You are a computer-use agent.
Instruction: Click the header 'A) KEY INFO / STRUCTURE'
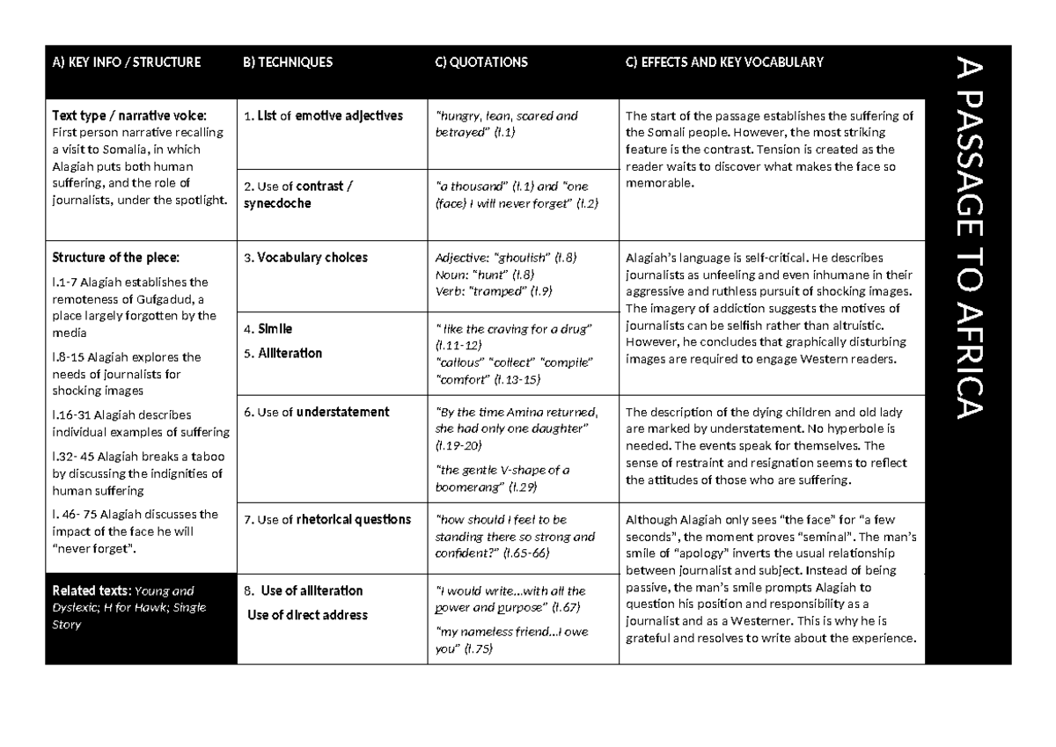coord(127,62)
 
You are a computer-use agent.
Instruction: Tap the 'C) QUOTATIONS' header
coord(481,62)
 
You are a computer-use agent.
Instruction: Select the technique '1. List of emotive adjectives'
coord(323,115)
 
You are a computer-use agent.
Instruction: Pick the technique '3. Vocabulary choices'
coord(305,258)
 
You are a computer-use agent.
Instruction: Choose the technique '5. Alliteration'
coord(282,353)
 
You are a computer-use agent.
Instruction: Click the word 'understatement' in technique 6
coord(343,412)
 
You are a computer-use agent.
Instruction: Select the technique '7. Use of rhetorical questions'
coord(327,519)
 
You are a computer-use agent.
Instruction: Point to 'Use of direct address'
coord(307,615)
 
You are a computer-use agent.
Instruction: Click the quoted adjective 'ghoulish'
coord(525,258)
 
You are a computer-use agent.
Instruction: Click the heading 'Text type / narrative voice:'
coord(130,115)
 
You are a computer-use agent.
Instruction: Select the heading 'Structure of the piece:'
coord(115,258)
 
